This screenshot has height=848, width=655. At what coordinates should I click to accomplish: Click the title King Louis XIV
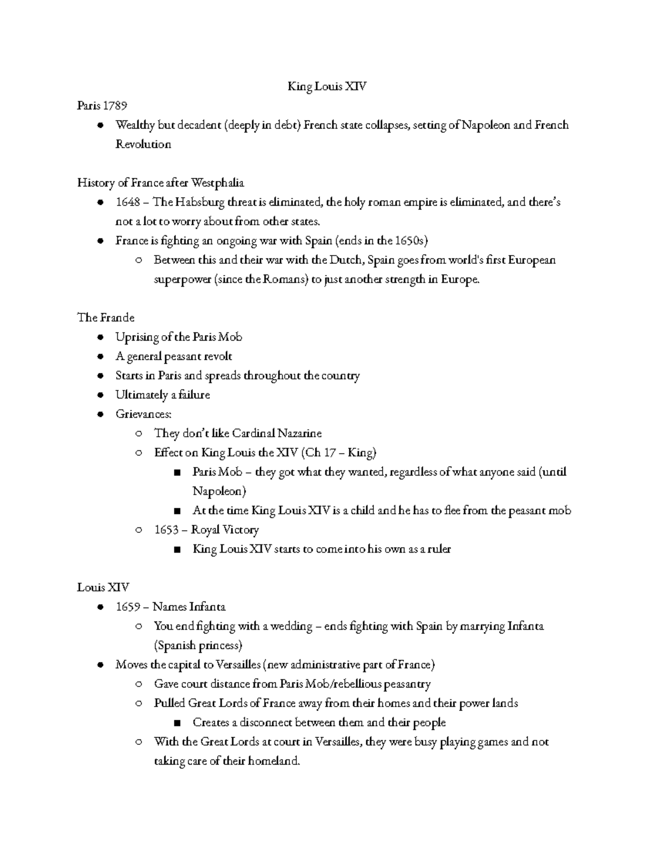pos(327,86)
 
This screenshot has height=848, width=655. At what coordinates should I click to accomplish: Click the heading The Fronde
pos(106,317)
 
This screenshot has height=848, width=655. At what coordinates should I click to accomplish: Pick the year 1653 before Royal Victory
pos(166,530)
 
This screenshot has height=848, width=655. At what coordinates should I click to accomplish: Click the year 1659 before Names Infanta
pos(128,607)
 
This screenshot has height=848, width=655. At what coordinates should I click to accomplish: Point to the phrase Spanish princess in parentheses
pos(198,645)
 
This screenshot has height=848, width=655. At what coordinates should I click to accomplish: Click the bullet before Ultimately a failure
pos(100,395)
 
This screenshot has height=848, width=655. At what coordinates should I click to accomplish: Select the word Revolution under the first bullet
pos(143,144)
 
